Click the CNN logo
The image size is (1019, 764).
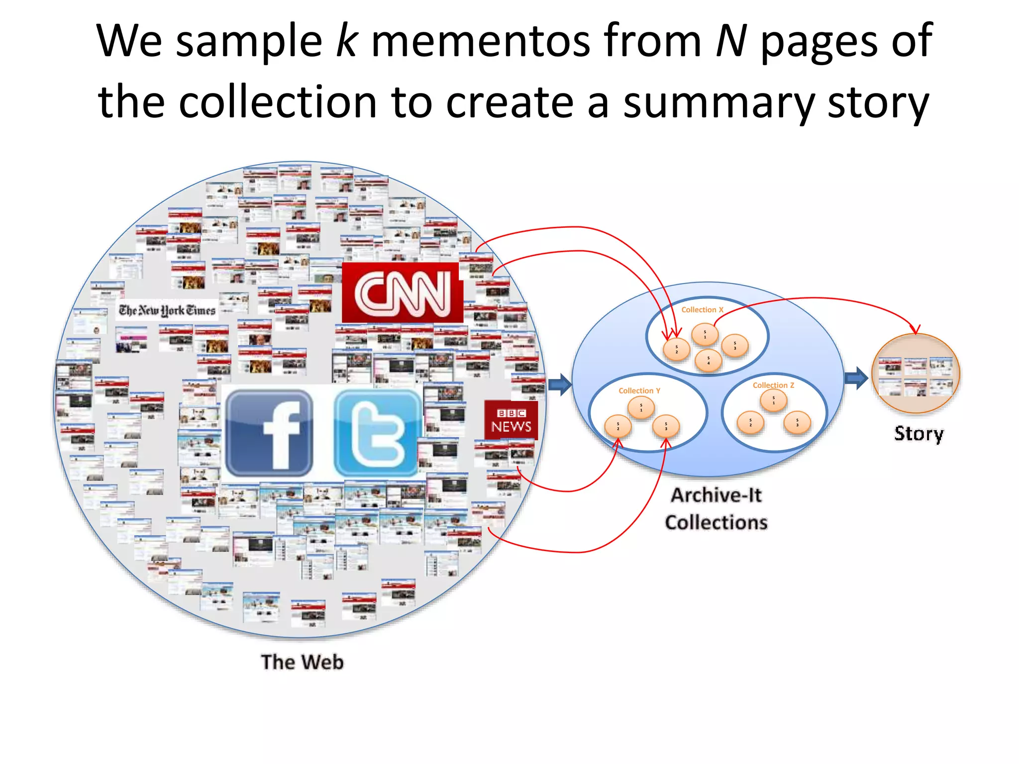(402, 293)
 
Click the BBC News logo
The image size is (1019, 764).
(511, 420)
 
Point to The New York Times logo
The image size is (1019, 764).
(167, 310)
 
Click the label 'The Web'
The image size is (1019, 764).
(302, 662)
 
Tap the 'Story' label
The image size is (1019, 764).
(918, 434)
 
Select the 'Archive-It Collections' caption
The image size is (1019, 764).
(716, 509)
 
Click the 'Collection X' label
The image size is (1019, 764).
(702, 310)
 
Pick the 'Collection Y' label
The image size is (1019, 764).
(639, 391)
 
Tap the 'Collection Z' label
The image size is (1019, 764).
(773, 385)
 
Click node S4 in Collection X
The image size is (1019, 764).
(708, 361)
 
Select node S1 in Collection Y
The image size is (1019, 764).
(641, 408)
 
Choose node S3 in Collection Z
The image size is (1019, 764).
(797, 423)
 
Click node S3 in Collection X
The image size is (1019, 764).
(734, 346)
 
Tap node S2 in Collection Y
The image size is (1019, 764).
(618, 426)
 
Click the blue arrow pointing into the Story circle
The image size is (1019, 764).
(856, 379)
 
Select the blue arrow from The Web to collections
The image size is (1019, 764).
(560, 384)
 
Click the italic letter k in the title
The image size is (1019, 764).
(346, 41)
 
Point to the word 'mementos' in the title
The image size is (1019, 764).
(481, 42)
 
